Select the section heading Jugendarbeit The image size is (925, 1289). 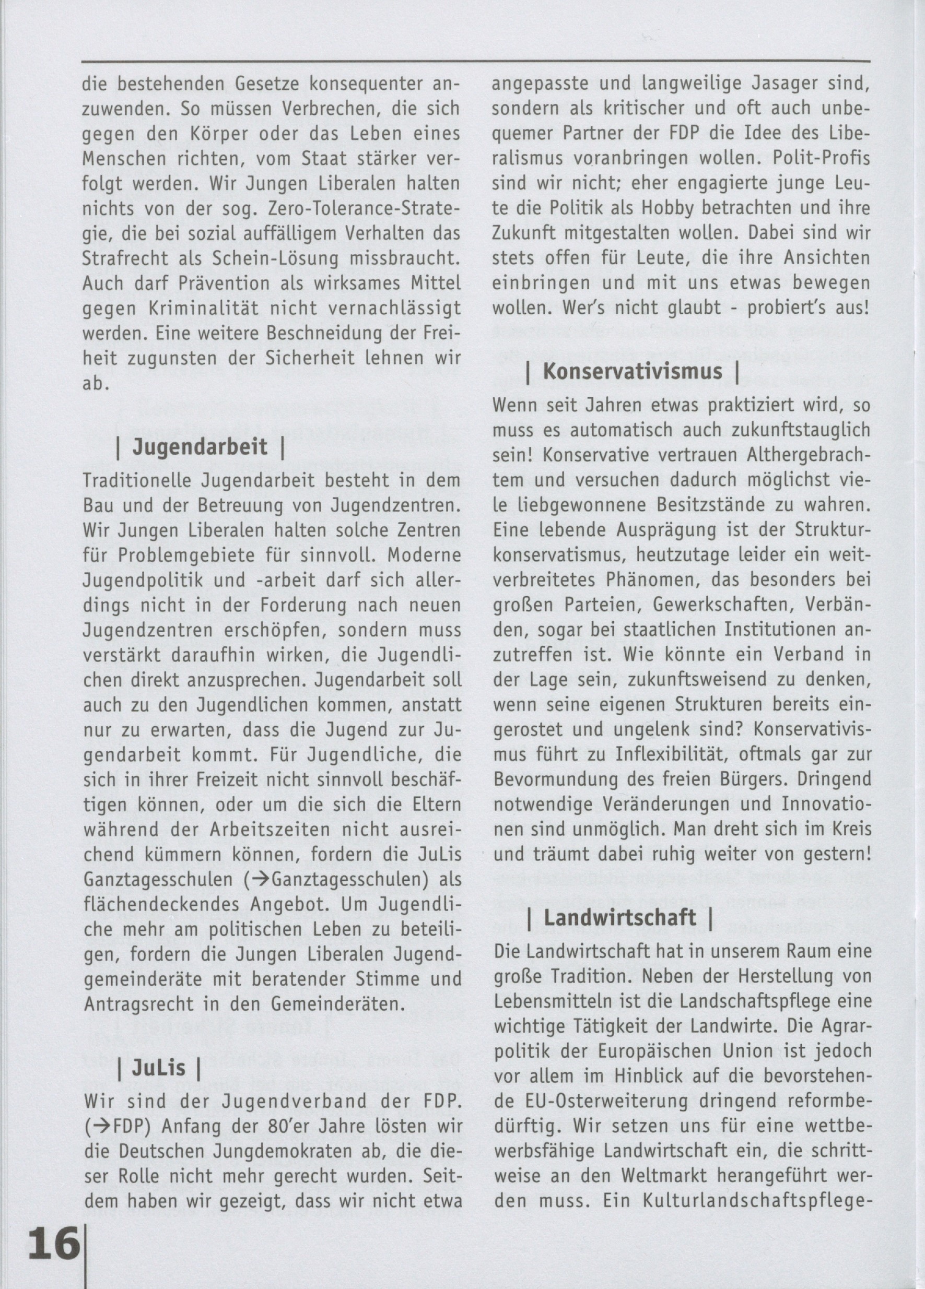click(x=200, y=447)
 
